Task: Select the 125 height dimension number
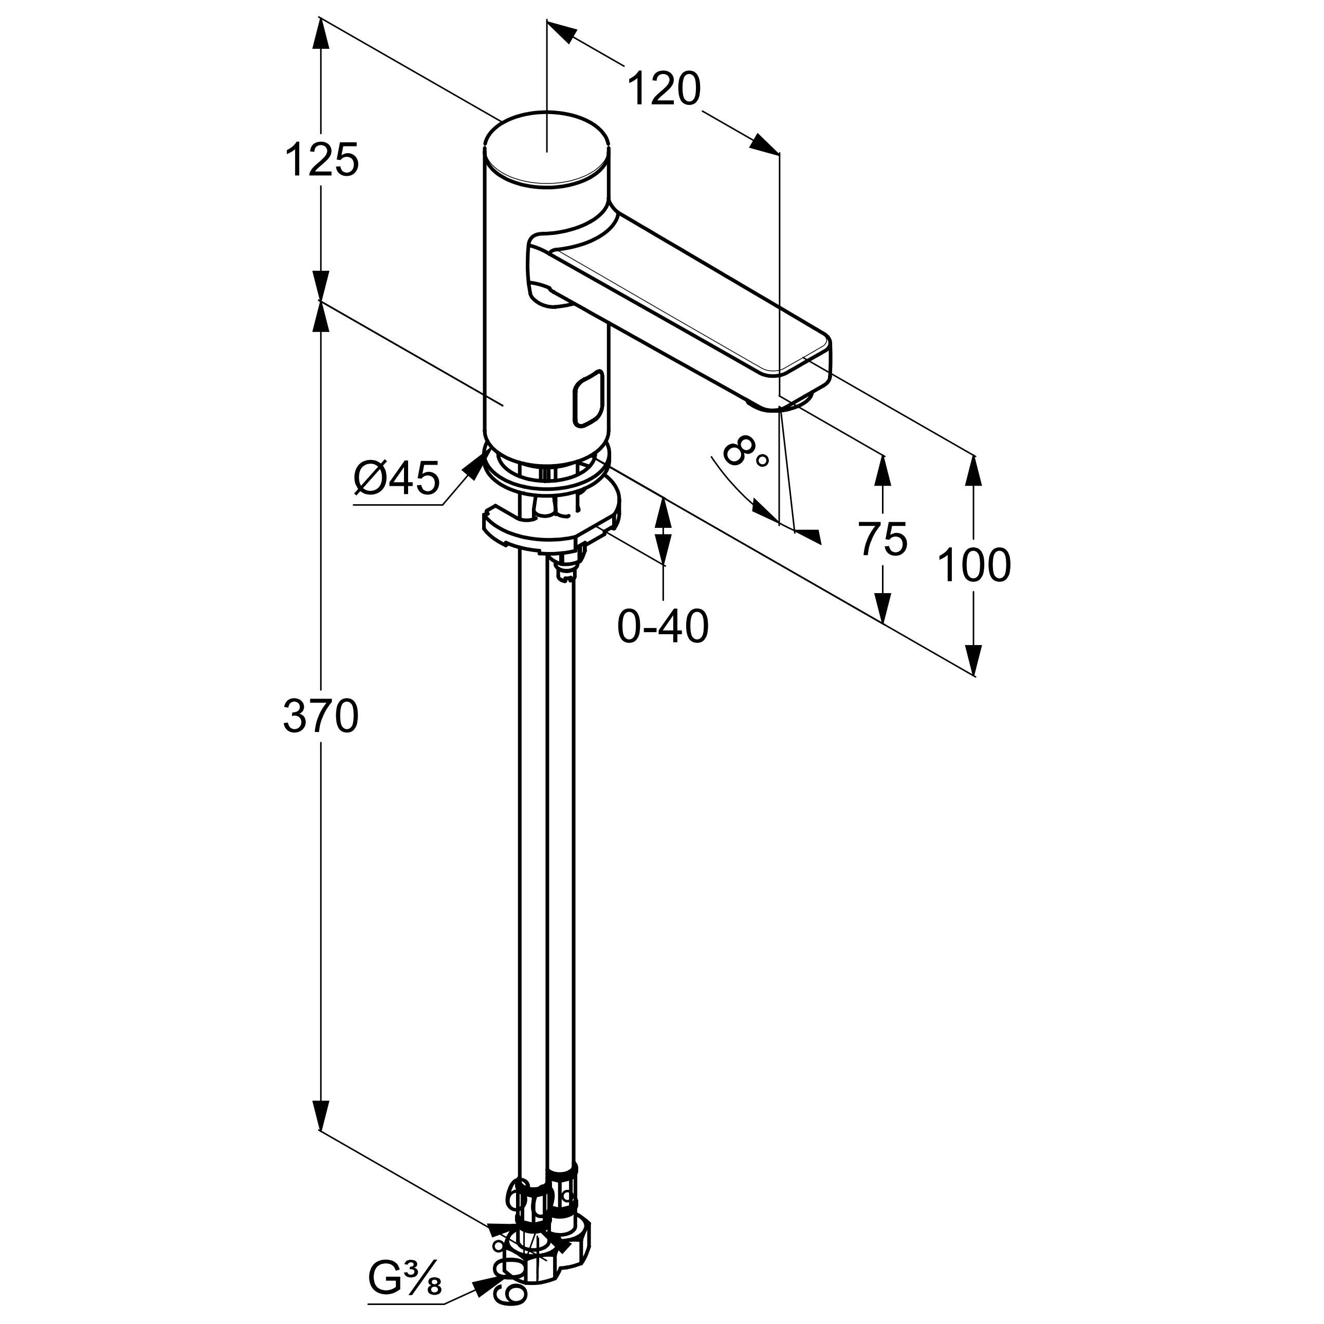pos(321,160)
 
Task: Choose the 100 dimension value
pos(973,565)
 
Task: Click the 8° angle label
pos(744,453)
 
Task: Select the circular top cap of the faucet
pos(546,148)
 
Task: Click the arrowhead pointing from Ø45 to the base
pos(473,467)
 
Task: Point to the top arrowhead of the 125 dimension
pos(320,31)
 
